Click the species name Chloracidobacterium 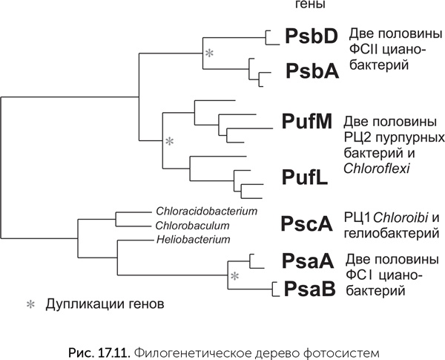(x=205, y=212)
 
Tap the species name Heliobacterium (x=194, y=239)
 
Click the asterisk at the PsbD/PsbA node (x=210, y=53)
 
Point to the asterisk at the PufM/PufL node (x=168, y=140)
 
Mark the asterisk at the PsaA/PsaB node (x=234, y=276)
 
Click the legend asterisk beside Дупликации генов (x=31, y=304)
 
